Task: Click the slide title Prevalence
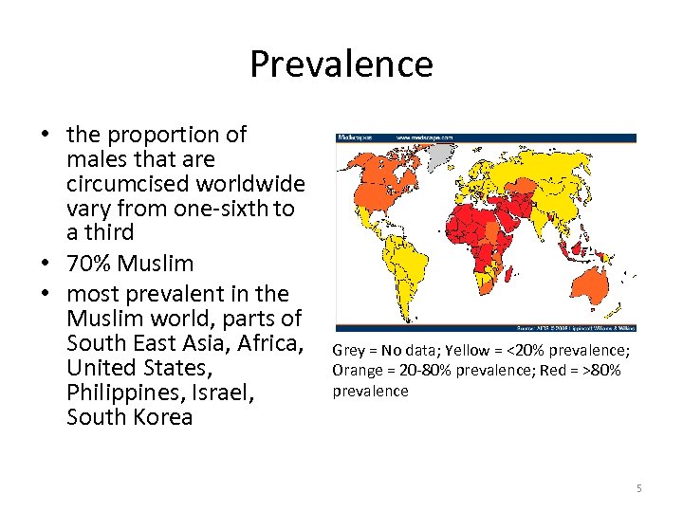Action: (341, 64)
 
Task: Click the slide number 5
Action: (639, 488)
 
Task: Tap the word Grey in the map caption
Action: (347, 351)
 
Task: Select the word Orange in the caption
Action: (355, 370)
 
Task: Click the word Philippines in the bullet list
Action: (120, 392)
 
